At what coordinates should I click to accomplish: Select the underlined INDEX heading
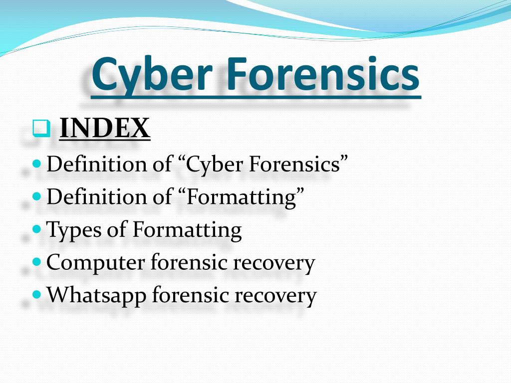click(x=105, y=129)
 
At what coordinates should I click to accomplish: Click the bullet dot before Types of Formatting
click(x=36, y=230)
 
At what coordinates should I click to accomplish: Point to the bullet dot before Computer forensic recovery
click(x=36, y=262)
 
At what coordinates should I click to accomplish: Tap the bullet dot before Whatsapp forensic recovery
click(x=36, y=294)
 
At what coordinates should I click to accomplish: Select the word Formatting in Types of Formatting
click(x=187, y=230)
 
